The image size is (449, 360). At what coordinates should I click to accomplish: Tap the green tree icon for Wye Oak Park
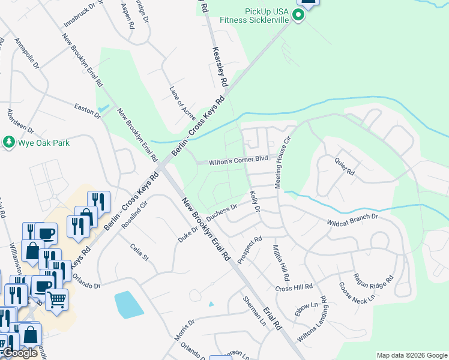pyautogui.click(x=8, y=142)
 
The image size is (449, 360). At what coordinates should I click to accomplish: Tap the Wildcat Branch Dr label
pyautogui.click(x=352, y=219)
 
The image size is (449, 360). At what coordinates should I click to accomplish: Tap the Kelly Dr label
pyautogui.click(x=255, y=201)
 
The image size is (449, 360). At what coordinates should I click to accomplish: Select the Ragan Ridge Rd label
pyautogui.click(x=373, y=279)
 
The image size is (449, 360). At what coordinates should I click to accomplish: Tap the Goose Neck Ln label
pyautogui.click(x=356, y=291)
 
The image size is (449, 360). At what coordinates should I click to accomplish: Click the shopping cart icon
pyautogui.click(x=56, y=298)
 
